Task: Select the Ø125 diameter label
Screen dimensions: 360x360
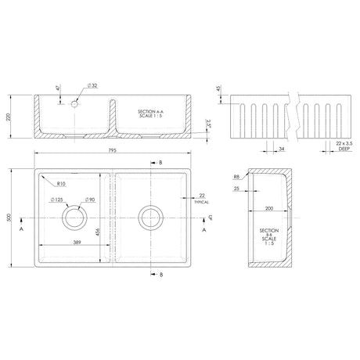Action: tap(57, 201)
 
